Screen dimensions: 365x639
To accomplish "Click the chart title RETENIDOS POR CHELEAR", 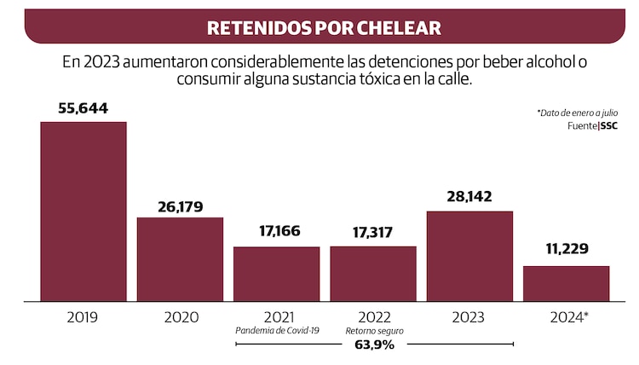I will tap(324, 27).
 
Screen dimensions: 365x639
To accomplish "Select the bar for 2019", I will tap(83, 211).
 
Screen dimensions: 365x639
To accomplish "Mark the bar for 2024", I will tap(566, 283).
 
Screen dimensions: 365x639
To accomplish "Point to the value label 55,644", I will tap(83, 108).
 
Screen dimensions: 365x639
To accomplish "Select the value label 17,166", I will tap(276, 231).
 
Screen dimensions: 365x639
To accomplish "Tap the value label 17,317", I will tap(373, 231).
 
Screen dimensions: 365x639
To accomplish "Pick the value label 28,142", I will tap(469, 196).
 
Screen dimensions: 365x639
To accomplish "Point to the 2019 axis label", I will tap(83, 316).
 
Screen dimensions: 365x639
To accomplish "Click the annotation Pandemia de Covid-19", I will tap(276, 331).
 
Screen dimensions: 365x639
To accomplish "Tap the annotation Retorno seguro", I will tap(373, 331).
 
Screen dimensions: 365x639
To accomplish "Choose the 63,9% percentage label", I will tap(373, 345).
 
